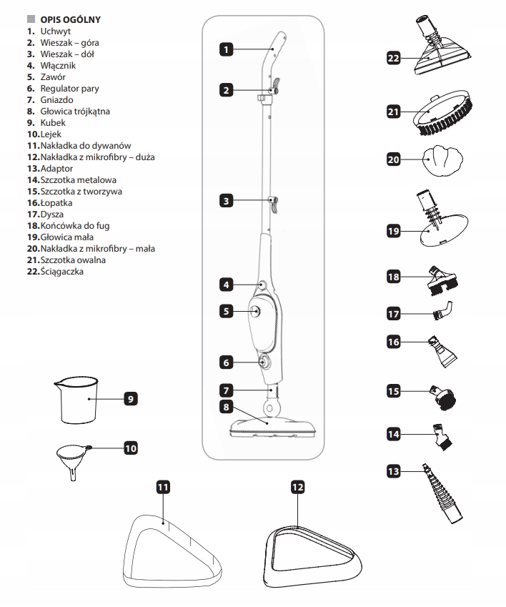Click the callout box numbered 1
coord(225,50)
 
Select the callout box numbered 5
coord(226,312)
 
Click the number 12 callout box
coord(298,487)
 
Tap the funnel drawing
coord(71,458)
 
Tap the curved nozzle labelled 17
coord(442,312)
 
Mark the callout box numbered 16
coord(392,342)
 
